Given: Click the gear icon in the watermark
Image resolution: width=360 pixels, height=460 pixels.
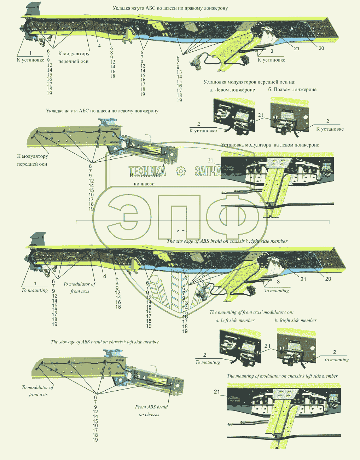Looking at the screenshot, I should point(181,172).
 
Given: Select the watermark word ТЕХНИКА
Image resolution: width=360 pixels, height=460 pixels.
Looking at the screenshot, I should point(147,172).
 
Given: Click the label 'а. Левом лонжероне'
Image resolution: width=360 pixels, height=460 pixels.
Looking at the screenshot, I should point(232,90).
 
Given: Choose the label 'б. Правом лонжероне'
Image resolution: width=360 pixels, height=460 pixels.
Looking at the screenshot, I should point(292,90).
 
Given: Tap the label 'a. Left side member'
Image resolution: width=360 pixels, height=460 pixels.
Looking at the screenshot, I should point(235,321).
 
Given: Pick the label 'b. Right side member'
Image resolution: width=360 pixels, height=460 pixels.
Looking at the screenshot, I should point(296,321).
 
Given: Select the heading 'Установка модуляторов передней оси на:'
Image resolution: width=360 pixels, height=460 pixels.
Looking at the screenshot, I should point(249,82).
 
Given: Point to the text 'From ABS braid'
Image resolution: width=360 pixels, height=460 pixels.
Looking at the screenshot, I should point(151,407).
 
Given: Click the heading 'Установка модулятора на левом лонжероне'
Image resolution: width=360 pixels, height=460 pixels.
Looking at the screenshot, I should point(270,145).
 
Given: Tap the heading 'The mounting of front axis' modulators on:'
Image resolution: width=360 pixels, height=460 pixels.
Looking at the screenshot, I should point(251,312).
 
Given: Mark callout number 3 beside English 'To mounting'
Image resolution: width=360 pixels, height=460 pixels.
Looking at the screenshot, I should point(278,282).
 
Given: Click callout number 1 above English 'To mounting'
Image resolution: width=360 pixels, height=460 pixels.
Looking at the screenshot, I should point(35,284).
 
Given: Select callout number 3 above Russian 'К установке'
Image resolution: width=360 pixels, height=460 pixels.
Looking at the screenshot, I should point(272,51).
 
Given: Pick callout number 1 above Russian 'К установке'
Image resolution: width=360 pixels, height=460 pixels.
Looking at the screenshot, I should point(31,53).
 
